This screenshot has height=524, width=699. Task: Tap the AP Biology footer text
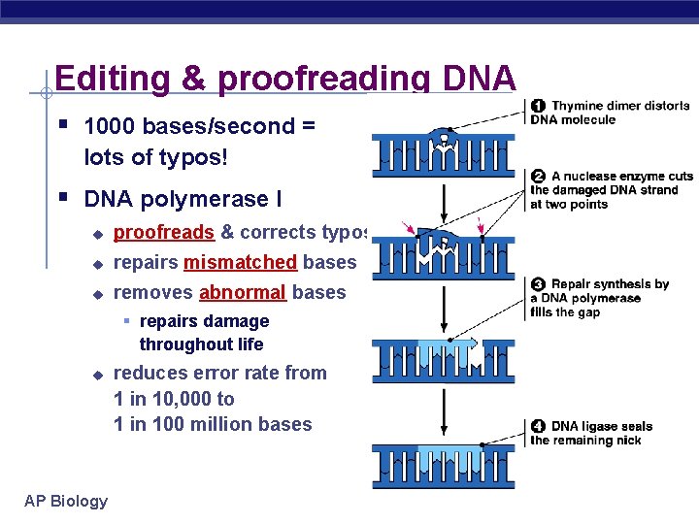click(x=66, y=501)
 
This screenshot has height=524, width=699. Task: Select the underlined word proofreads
click(x=163, y=232)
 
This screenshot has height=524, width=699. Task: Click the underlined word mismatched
click(x=240, y=262)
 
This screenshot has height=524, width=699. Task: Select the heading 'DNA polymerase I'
click(x=183, y=199)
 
